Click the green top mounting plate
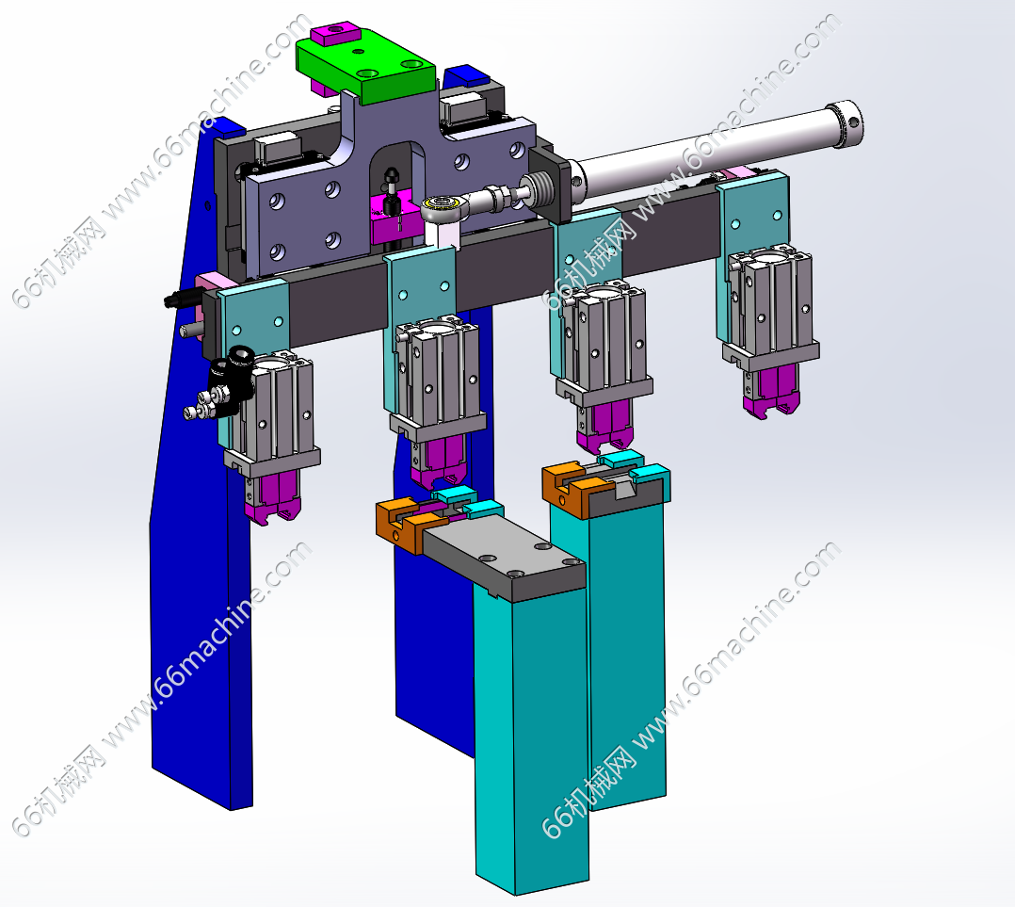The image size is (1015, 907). [x=365, y=65]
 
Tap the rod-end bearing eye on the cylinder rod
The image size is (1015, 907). [x=442, y=209]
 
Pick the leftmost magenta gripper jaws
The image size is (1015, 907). [x=272, y=496]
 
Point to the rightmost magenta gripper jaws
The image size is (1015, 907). [x=770, y=393]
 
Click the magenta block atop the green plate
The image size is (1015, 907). [x=335, y=34]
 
